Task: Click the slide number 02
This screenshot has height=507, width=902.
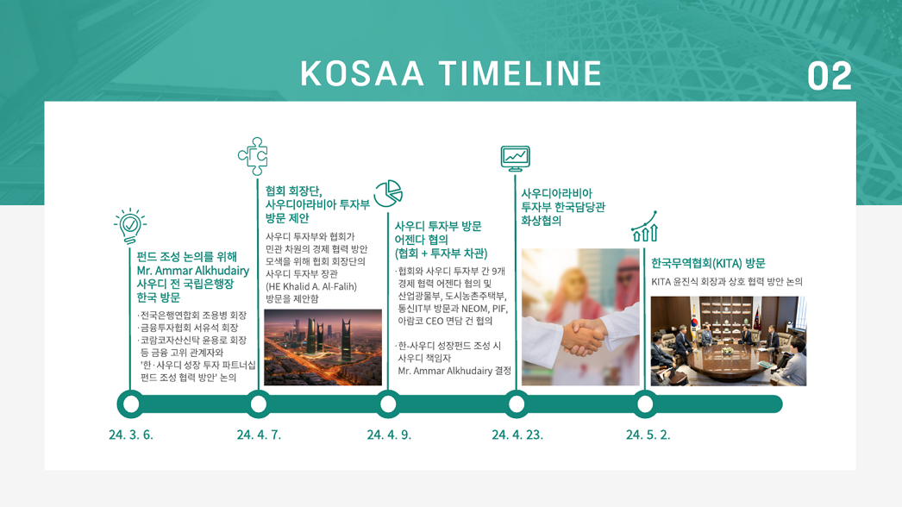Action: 829,76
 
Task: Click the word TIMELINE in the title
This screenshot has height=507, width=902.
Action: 520,73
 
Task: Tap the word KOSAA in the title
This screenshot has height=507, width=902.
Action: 362,73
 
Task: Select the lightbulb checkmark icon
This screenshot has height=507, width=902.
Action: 130,226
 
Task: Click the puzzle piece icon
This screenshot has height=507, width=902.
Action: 254,156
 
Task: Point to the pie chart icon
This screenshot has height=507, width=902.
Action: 388,193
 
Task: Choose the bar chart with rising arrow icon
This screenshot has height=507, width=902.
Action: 644,226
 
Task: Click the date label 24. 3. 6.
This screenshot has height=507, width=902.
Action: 131,435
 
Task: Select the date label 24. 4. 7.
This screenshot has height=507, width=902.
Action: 259,435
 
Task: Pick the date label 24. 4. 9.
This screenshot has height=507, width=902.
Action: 390,435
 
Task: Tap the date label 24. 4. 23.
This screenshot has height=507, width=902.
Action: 517,435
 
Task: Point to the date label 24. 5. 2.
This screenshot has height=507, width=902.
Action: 648,435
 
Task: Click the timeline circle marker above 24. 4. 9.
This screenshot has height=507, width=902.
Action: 388,404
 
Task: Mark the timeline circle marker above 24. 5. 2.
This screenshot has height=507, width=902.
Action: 645,404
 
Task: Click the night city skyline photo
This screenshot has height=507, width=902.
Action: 323,347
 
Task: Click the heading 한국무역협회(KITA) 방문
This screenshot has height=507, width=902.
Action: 708,264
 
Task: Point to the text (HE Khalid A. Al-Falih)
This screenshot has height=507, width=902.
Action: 311,286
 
